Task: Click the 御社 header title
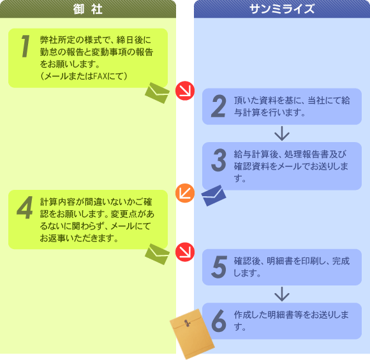(x=87, y=9)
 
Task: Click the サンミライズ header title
(x=282, y=9)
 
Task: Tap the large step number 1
(x=26, y=46)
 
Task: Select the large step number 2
(x=218, y=106)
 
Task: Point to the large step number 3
(x=219, y=160)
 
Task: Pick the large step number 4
(x=25, y=208)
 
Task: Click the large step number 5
(x=219, y=267)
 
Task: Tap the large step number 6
(x=219, y=320)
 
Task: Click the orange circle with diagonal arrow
(x=185, y=193)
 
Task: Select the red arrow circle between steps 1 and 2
(x=185, y=90)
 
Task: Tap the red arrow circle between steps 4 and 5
(x=185, y=252)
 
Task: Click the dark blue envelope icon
(x=214, y=196)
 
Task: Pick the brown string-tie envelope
(x=192, y=334)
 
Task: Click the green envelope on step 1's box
(x=157, y=93)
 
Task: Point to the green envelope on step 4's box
(x=157, y=254)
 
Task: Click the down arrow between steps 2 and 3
(x=282, y=133)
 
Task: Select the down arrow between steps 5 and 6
(x=282, y=294)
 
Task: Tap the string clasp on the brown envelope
(x=187, y=323)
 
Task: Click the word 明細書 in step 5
(x=280, y=261)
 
